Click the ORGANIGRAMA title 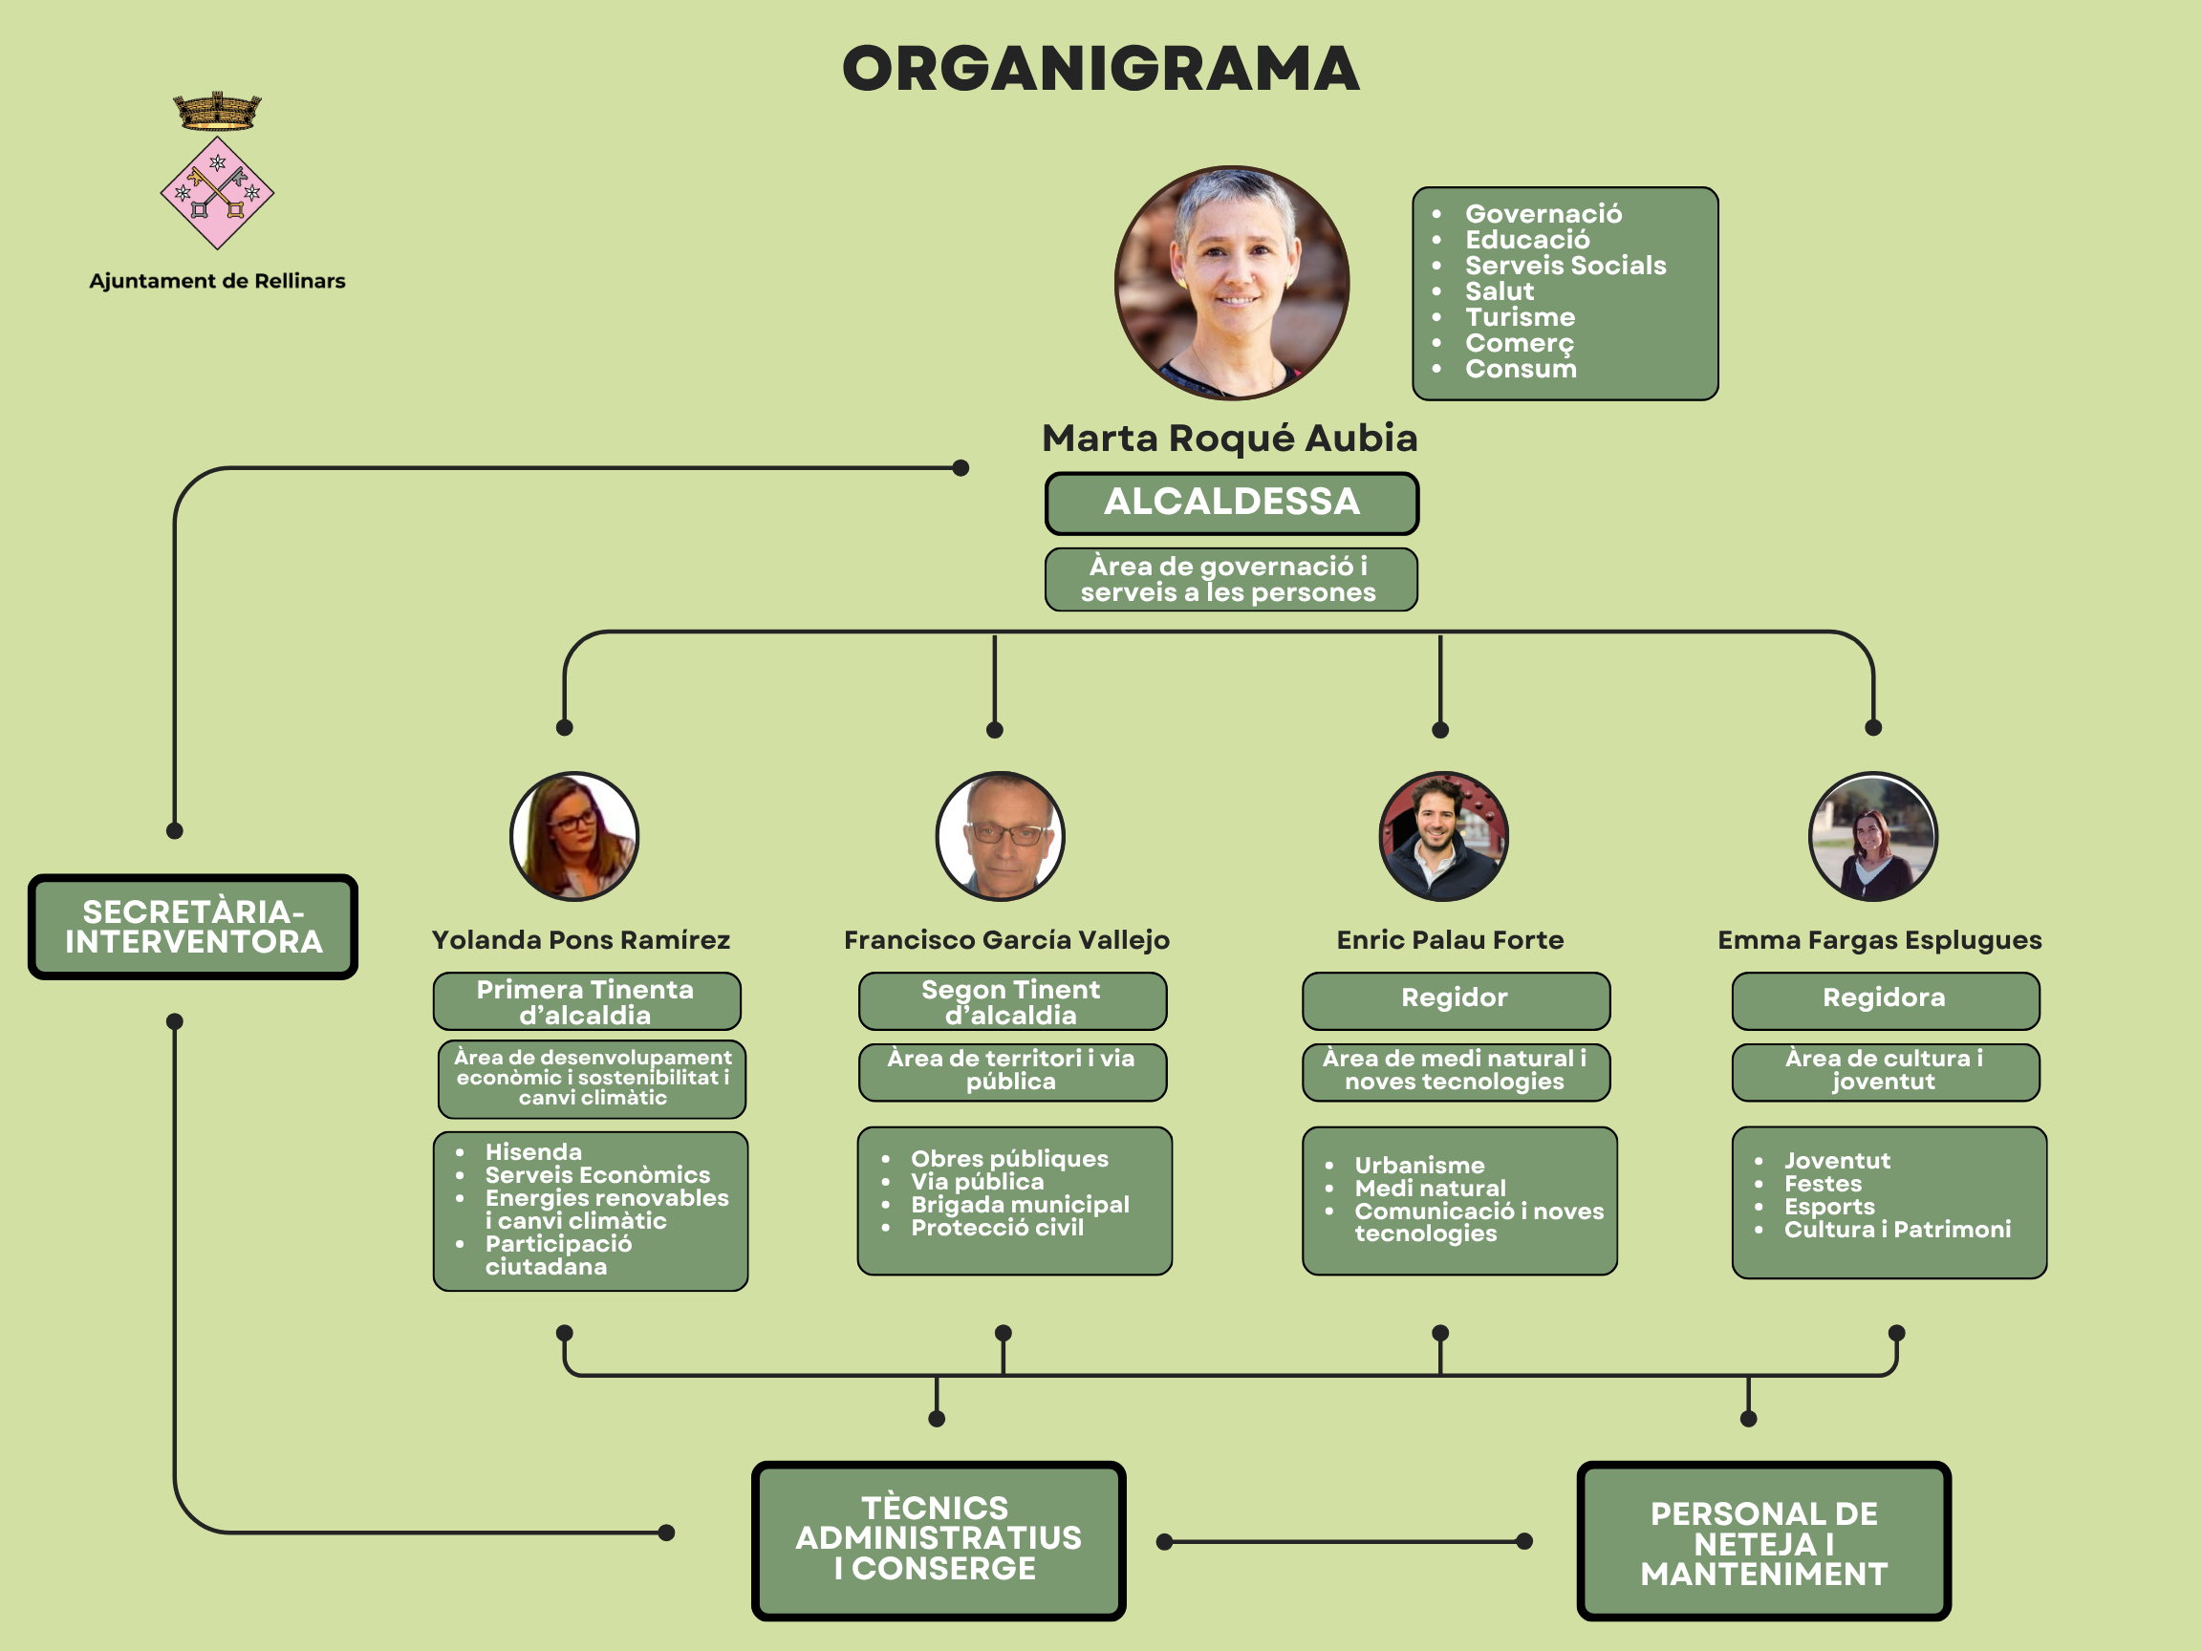pyautogui.click(x=1100, y=69)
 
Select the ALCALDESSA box pyautogui.click(x=1231, y=503)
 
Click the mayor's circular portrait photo pyautogui.click(x=1231, y=284)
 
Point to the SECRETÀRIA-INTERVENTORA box pyautogui.click(x=193, y=927)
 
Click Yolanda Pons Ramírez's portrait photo pyautogui.click(x=574, y=836)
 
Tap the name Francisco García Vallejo pyautogui.click(x=1006, y=939)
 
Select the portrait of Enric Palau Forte pyautogui.click(x=1442, y=836)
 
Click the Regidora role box pyautogui.click(x=1885, y=999)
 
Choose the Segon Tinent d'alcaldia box pyautogui.click(x=1011, y=1001)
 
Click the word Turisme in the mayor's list pyautogui.click(x=1521, y=317)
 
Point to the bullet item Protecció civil pyautogui.click(x=997, y=1228)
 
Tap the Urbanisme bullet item pyautogui.click(x=1419, y=1166)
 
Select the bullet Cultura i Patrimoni pyautogui.click(x=1896, y=1230)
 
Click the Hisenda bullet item pyautogui.click(x=533, y=1152)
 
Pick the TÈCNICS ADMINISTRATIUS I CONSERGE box pyautogui.click(x=938, y=1538)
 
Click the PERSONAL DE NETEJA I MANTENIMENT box pyautogui.click(x=1763, y=1542)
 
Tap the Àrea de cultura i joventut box pyautogui.click(x=1885, y=1071)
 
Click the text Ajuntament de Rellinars pyautogui.click(x=217, y=282)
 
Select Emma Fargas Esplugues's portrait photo pyautogui.click(x=1872, y=836)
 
